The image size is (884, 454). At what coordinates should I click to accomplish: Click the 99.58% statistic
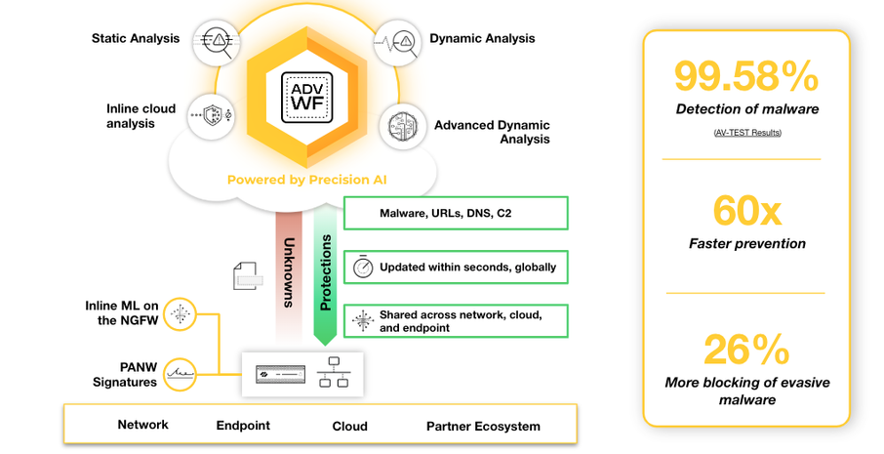pos(746,77)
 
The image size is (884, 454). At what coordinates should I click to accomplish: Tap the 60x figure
pos(746,210)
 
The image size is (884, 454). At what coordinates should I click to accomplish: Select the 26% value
pos(746,350)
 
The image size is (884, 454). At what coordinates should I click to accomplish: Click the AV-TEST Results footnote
pos(746,132)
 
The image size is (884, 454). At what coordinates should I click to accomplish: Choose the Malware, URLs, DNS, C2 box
pos(456,213)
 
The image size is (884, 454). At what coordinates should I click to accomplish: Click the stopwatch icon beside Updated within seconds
pos(363,267)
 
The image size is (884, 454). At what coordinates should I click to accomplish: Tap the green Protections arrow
pos(327,273)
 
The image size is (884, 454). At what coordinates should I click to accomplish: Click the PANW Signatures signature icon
pos(180,373)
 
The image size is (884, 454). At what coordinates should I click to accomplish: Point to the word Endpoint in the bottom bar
pos(243,426)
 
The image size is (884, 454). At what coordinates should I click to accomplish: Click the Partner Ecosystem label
pos(483,426)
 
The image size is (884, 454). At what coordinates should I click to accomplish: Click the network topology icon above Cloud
pos(333,373)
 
